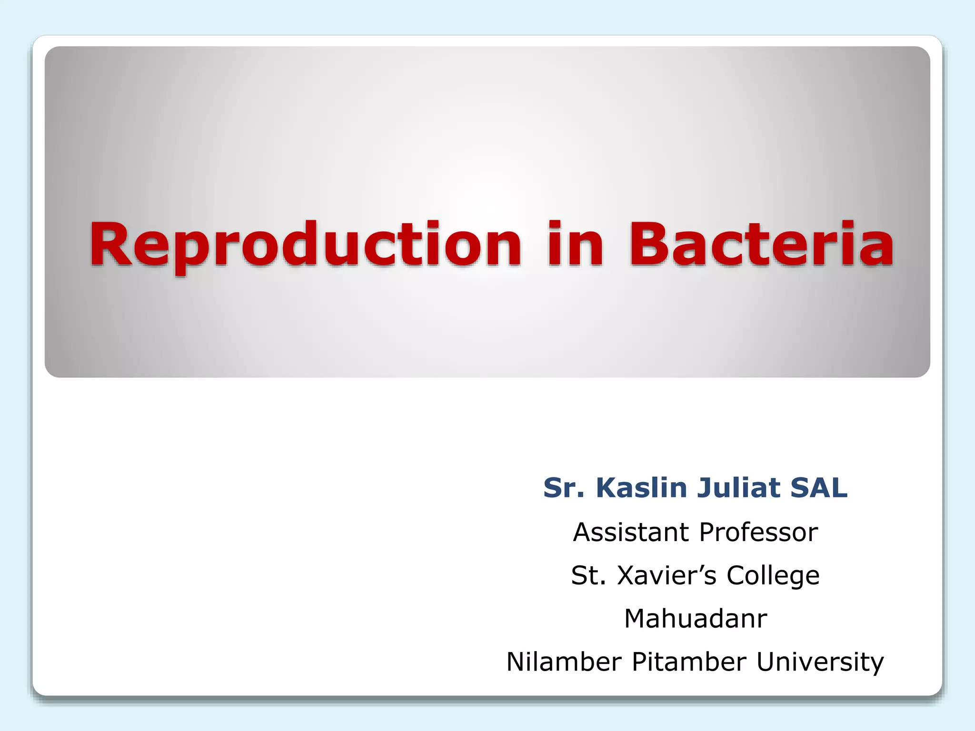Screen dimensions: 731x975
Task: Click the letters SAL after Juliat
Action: pyautogui.click(x=819, y=488)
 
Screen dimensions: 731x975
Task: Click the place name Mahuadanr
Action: pyautogui.click(x=696, y=619)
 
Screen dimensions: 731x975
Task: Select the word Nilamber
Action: pyautogui.click(x=565, y=662)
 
